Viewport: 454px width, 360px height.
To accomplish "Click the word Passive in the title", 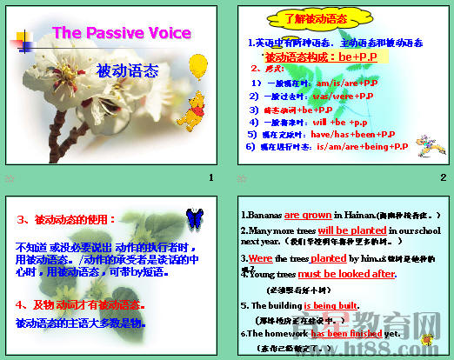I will pyautogui.click(x=119, y=33).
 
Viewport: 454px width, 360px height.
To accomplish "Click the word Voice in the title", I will pyautogui.click(x=170, y=33).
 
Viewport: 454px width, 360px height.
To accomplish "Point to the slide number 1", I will pyautogui.click(x=210, y=177).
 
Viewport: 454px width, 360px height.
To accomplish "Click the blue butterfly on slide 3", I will pyautogui.click(x=195, y=215).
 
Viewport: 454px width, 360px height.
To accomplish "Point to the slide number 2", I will pyautogui.click(x=443, y=177).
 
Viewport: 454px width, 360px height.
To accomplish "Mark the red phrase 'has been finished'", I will pyautogui.click(x=347, y=333).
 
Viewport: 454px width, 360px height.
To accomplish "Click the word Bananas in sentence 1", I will pyautogui.click(x=262, y=215).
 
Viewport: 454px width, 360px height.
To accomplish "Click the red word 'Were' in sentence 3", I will pyautogui.click(x=260, y=258).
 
